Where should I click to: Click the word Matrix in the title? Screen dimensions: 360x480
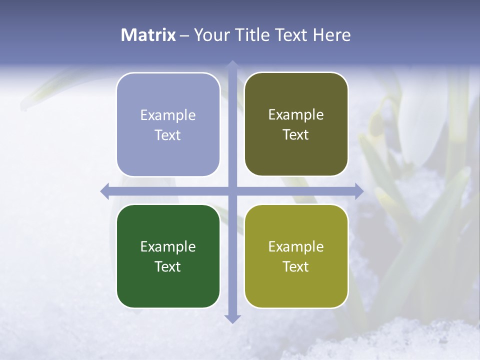click(x=148, y=35)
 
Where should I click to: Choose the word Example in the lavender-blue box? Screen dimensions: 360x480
click(x=168, y=115)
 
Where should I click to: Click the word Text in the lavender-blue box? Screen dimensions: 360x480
click(x=168, y=135)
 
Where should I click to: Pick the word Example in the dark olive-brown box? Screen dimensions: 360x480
click(x=296, y=115)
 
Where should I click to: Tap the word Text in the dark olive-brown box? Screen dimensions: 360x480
click(x=296, y=135)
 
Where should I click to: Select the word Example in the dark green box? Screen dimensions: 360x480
click(x=168, y=246)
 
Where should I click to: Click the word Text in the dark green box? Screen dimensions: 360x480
click(x=168, y=266)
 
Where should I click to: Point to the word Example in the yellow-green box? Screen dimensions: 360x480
click(x=296, y=246)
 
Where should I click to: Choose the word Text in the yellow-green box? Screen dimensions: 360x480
click(x=296, y=266)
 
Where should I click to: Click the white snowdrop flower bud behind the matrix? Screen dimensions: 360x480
click(x=422, y=120)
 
